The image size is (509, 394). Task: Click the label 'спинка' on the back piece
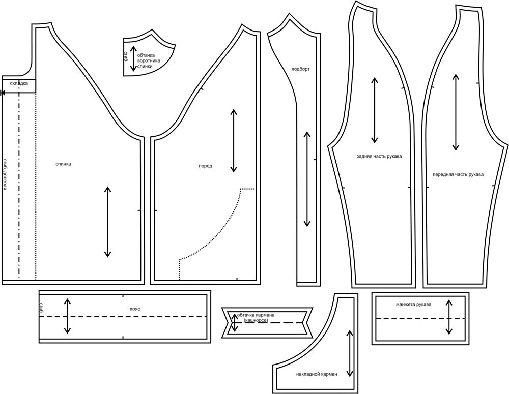63,164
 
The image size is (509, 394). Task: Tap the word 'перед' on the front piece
206,166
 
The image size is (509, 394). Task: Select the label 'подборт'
301,69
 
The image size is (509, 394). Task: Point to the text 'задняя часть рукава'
379,156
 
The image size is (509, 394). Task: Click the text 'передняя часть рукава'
458,174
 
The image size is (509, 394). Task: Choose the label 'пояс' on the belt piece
135,309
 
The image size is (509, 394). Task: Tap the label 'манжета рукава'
413,305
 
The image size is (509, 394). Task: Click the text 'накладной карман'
317,374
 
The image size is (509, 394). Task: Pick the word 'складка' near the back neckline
19,83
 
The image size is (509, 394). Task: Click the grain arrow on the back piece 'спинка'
107,222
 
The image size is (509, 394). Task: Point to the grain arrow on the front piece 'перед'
234,141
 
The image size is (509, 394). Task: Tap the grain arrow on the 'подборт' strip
307,179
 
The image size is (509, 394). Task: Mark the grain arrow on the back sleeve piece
375,110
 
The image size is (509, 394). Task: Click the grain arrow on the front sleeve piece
456,112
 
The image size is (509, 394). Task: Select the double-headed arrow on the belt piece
67,316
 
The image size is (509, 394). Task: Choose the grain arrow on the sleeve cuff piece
449,317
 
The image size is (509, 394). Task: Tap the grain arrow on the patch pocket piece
350,353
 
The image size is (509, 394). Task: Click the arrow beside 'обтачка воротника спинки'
133,58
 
